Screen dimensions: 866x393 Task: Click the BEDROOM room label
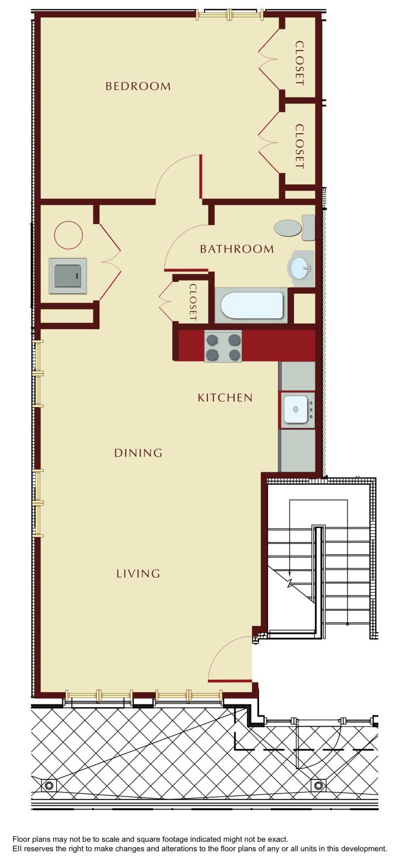click(138, 86)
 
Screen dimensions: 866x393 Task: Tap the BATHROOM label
click(237, 249)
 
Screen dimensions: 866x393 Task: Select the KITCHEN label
click(225, 398)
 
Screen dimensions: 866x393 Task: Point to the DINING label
click(138, 453)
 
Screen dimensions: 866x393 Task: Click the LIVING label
click(138, 574)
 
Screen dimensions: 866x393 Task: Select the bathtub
click(252, 305)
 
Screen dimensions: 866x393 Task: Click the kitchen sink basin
click(296, 409)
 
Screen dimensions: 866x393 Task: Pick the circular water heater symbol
click(68, 235)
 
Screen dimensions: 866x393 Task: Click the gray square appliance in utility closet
click(68, 276)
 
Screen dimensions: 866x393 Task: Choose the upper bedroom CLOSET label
click(300, 63)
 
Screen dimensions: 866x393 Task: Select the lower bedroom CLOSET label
click(300, 146)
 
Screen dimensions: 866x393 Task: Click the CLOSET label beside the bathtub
click(193, 302)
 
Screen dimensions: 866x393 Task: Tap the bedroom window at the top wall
click(230, 15)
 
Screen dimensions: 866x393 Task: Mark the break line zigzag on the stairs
click(291, 582)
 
